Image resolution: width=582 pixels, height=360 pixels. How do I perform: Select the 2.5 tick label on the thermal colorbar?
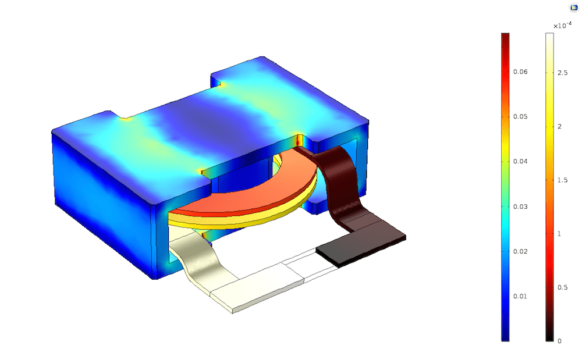point(562,73)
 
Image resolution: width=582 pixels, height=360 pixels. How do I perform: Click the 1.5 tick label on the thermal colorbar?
point(562,180)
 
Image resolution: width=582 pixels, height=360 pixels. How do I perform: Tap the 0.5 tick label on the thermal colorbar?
point(562,287)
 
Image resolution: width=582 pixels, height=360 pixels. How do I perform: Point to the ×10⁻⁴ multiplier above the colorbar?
point(562,25)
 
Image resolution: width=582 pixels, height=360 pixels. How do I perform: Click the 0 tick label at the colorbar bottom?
point(559,341)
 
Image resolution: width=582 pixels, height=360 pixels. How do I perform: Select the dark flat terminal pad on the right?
point(361,244)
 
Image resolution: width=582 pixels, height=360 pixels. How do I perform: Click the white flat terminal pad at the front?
point(256,291)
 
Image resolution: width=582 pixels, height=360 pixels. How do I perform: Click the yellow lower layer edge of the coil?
point(262,220)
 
